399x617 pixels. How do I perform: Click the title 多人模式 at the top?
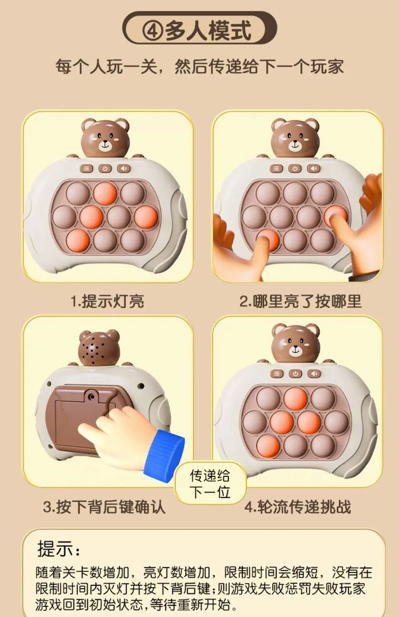[208, 30]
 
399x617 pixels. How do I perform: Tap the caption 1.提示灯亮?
[107, 301]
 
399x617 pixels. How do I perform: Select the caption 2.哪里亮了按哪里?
[300, 301]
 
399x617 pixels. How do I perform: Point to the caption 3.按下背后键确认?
[104, 507]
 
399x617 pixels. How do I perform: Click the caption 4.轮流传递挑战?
[298, 507]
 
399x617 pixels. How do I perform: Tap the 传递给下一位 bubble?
[210, 484]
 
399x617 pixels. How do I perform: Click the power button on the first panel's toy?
[105, 168]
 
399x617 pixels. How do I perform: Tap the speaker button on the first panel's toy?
[124, 168]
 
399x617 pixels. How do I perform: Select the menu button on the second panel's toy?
[276, 168]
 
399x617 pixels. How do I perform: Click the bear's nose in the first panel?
[105, 142]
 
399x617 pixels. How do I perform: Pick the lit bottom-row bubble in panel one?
[78, 240]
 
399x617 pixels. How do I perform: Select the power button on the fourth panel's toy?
[295, 374]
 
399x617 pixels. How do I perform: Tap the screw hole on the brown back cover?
[91, 397]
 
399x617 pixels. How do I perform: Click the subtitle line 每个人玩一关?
[106, 66]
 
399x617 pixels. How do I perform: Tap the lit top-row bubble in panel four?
[295, 399]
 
